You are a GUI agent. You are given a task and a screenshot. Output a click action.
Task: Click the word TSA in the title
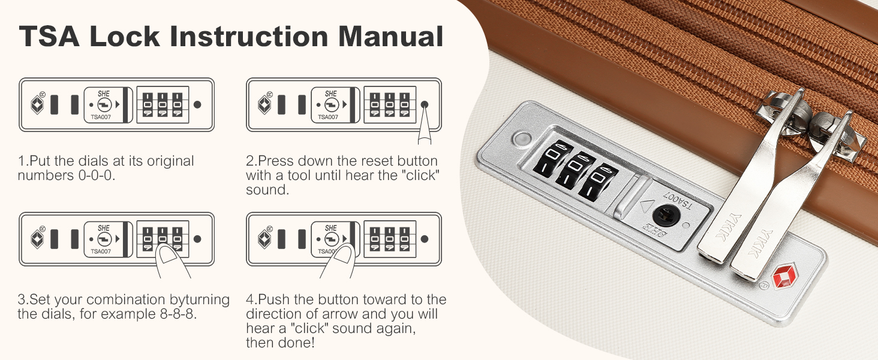coord(49,36)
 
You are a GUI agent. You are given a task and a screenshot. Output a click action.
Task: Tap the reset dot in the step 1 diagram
coord(197,104)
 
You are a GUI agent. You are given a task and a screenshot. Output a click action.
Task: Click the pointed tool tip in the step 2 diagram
coord(425,106)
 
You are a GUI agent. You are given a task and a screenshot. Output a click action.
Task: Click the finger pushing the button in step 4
coord(339,260)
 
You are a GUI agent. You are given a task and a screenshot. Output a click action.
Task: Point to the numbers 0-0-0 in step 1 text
coord(97,176)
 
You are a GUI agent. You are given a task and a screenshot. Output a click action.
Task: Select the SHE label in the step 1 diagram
coord(104,94)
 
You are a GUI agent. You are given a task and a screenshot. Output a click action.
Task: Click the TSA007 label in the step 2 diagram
coord(328,117)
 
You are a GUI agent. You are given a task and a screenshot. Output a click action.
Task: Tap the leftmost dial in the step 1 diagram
coord(148,104)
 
